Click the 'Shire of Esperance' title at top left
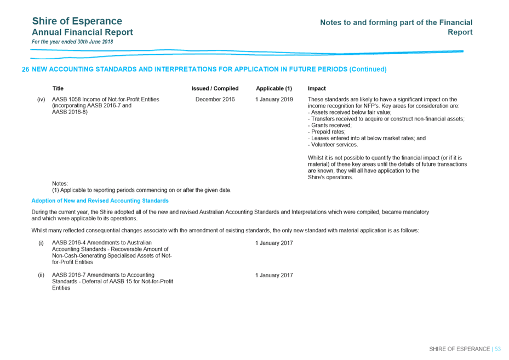77,21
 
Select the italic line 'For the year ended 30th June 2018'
72,42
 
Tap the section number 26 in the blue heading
25,70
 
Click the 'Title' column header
58,88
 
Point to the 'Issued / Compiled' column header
215,88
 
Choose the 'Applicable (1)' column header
274,88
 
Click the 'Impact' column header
317,88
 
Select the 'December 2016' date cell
215,99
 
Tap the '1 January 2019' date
274,99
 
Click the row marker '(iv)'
41,99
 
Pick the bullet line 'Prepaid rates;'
327,132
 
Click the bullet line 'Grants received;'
330,125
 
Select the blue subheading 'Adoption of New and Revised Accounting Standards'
100,201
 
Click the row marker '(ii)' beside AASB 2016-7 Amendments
41,275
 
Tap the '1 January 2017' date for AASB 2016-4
274,243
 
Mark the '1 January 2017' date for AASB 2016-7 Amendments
274,275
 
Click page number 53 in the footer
497,349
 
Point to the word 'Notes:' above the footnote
60,184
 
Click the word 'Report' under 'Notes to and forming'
460,32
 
